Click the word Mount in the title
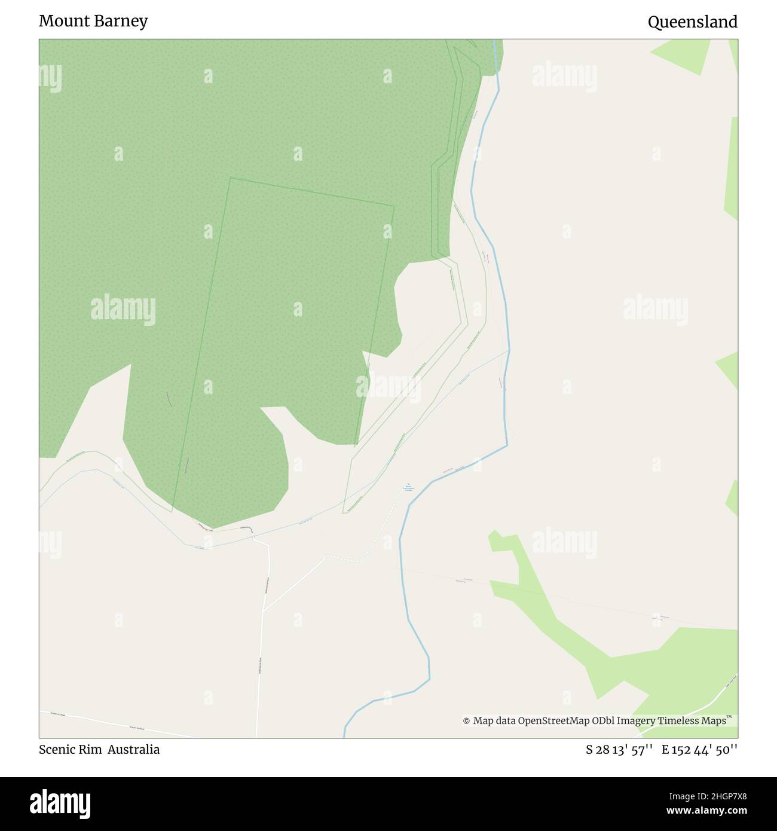(x=63, y=21)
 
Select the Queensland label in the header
(x=692, y=22)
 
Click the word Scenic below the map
(x=57, y=749)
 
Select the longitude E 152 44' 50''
(x=699, y=750)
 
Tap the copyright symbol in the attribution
(x=466, y=721)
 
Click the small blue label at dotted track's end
(x=408, y=487)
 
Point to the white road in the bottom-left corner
(x=120, y=725)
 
